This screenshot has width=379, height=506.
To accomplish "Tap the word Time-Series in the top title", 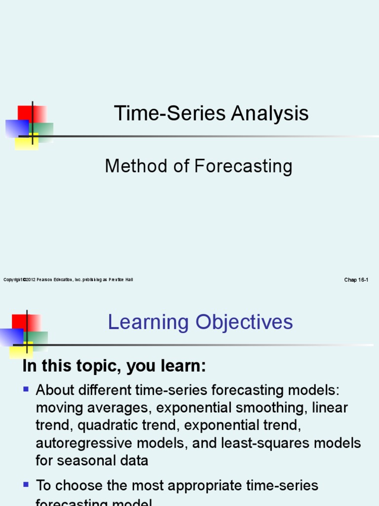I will coord(163,114).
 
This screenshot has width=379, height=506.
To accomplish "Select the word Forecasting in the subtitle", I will coord(243,167).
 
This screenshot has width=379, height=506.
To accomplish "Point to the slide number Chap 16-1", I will coord(356,280).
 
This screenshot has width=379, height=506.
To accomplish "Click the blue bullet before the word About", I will coord(26,389).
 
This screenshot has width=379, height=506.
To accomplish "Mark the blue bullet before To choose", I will coord(26,485).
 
